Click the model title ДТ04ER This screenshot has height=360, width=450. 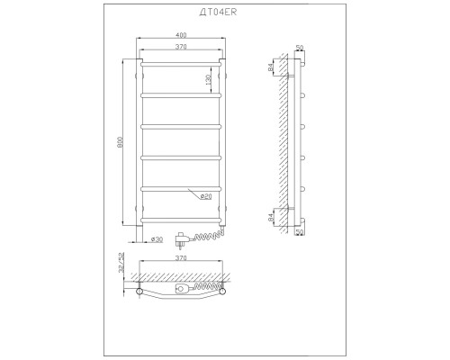(218, 12)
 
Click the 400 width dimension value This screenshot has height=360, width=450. (181, 35)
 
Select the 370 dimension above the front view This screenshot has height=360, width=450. (181, 47)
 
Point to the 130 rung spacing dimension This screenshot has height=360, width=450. (208, 79)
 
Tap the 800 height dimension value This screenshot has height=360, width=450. (120, 142)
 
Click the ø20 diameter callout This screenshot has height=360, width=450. (206, 196)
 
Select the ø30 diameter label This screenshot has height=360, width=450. (157, 239)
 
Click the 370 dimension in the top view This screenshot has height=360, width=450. (181, 258)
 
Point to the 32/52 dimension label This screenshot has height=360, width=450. (121, 262)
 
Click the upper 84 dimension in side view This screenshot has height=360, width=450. (270, 67)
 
